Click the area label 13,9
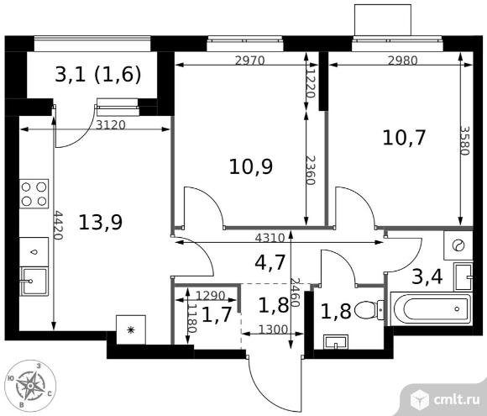click(x=100, y=223)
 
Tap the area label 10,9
click(x=251, y=166)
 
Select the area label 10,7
click(x=404, y=138)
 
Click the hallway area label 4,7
click(x=270, y=262)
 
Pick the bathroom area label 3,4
click(x=427, y=277)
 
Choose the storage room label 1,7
click(x=217, y=314)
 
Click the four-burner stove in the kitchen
click(x=34, y=193)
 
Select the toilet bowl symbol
click(x=369, y=310)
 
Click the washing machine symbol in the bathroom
click(x=458, y=245)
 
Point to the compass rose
click(x=30, y=386)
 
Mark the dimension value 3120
click(x=111, y=125)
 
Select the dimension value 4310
click(x=270, y=238)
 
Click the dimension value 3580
click(x=465, y=140)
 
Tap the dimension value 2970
click(x=249, y=61)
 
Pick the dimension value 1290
click(x=211, y=295)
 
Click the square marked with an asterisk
click(x=131, y=329)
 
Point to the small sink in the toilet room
click(x=335, y=342)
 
